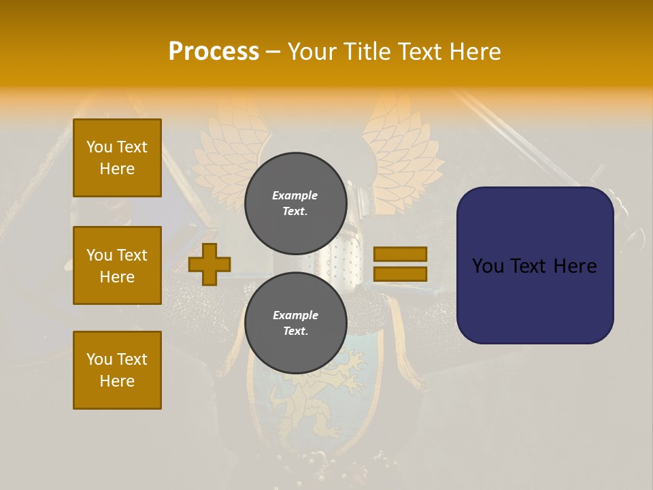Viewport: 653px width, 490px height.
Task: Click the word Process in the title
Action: coord(214,52)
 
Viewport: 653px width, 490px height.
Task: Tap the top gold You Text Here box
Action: coord(117,158)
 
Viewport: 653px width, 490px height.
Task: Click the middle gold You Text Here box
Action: coord(117,265)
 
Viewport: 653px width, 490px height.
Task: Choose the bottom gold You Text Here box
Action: coord(117,370)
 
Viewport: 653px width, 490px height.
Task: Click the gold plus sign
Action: coord(210,264)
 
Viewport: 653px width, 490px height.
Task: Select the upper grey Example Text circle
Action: coord(296,203)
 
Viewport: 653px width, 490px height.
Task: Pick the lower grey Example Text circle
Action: coord(296,323)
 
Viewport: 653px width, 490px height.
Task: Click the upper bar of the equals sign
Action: coord(401,254)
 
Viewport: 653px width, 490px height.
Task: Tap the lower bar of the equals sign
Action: coord(401,274)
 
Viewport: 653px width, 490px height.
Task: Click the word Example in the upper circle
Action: coord(295,195)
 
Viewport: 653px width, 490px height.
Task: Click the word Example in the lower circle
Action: coord(295,315)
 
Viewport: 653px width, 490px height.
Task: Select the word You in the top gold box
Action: coord(99,147)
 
